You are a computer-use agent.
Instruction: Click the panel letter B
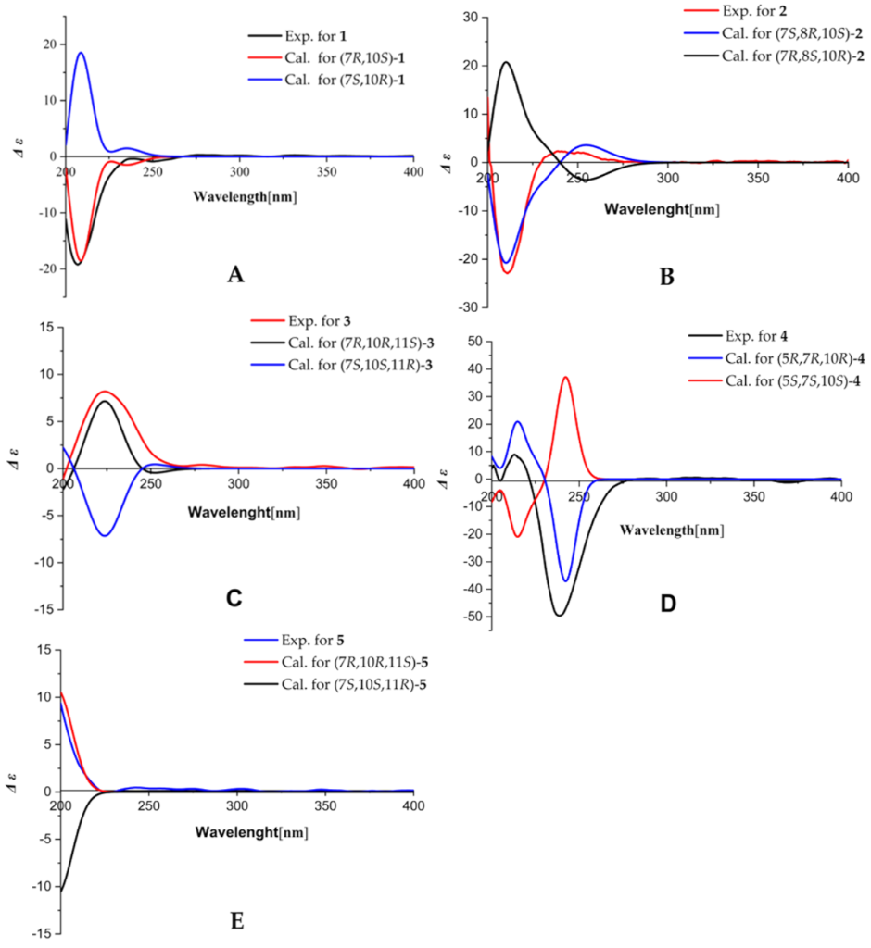pyautogui.click(x=666, y=275)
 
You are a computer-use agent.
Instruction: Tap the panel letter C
pyautogui.click(x=234, y=597)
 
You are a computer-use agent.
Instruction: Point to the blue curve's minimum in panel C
pyautogui.click(x=106, y=535)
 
